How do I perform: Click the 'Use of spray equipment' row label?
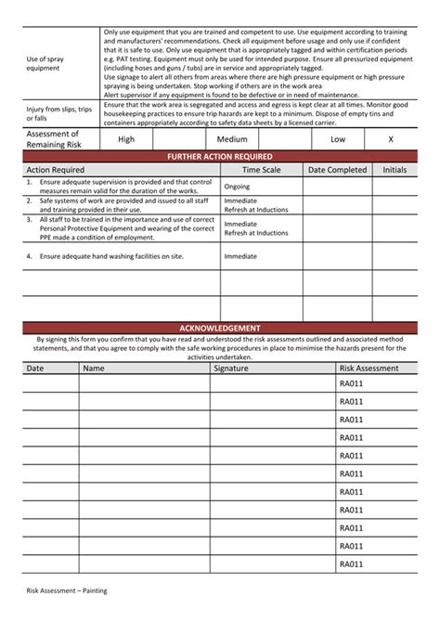coord(46,62)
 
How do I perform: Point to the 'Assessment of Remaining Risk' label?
coord(55,139)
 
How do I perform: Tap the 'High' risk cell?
coord(126,139)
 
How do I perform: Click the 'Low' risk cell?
coord(338,139)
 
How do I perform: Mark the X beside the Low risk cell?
coord(391,139)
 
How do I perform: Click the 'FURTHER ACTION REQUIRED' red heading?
coord(219,157)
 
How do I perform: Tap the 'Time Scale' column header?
coord(261,170)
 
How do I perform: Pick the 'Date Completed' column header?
coord(337,170)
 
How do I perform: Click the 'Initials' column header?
coord(395,170)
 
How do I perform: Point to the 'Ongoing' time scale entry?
coord(238,186)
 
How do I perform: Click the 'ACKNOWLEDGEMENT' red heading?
coord(219,329)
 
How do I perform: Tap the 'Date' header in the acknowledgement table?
coord(35,369)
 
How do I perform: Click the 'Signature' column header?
coord(231,369)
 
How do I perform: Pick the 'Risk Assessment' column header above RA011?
coord(369,369)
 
